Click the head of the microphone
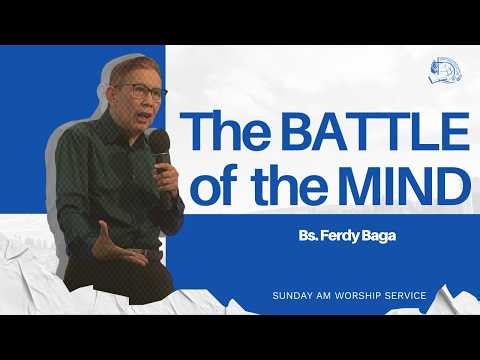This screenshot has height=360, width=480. [x=160, y=143]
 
